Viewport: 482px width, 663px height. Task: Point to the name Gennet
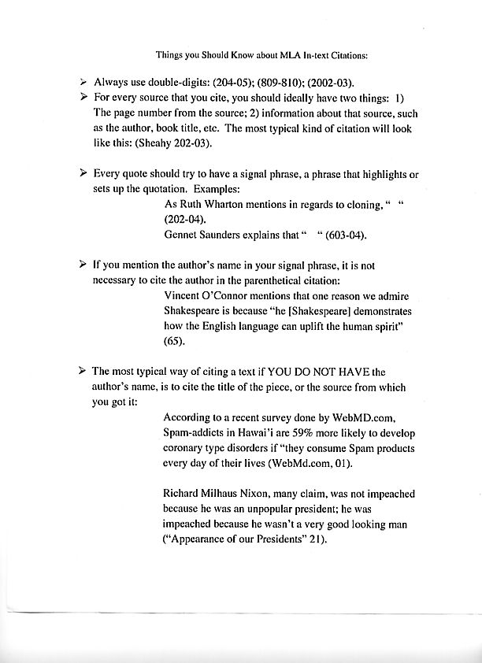(x=184, y=235)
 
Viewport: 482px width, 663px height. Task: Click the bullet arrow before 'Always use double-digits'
(x=83, y=82)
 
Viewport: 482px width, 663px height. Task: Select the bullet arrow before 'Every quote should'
(x=83, y=172)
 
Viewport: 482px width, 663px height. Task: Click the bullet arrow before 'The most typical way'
(x=83, y=370)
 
